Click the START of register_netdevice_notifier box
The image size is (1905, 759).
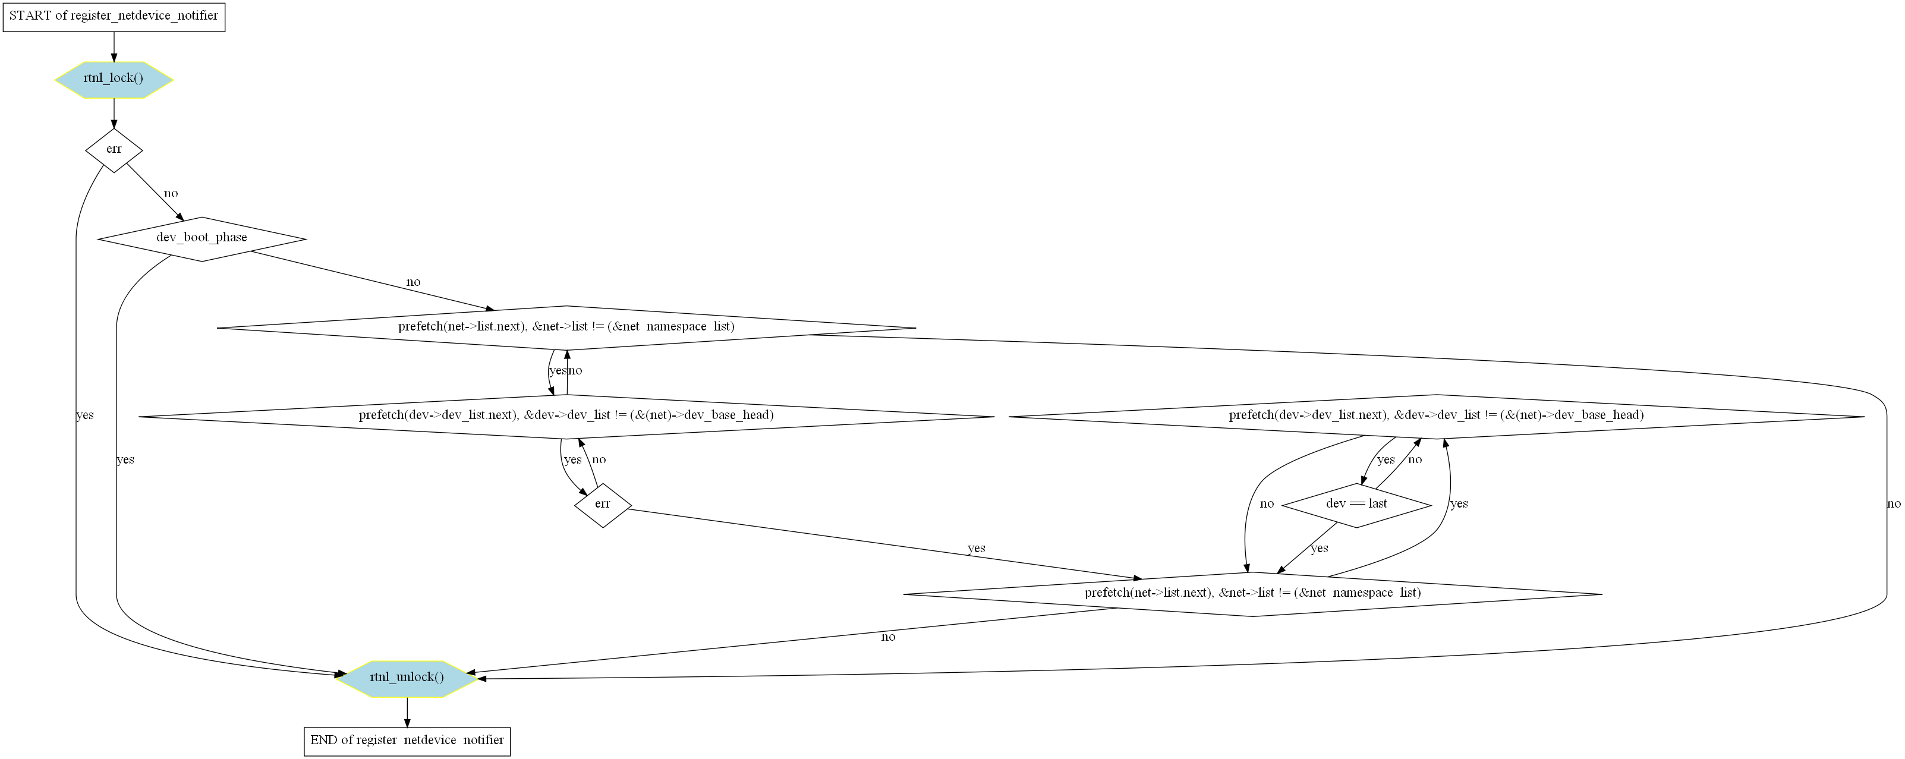114,16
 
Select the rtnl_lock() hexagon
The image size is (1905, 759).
114,80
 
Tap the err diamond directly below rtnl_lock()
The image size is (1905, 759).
114,150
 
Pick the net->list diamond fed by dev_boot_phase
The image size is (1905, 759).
566,327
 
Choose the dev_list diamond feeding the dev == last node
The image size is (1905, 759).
1436,417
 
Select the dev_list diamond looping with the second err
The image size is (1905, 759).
566,417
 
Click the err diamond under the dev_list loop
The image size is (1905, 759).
603,505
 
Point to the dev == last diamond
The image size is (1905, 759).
1356,505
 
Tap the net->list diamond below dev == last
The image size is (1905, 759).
1253,594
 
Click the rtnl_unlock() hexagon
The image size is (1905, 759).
407,679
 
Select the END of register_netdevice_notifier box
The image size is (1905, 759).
407,741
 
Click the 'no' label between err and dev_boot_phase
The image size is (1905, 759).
171,194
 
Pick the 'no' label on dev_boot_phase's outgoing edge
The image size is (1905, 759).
413,282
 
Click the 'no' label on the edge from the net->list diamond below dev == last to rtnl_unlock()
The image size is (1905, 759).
888,638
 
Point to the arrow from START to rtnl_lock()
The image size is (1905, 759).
114,46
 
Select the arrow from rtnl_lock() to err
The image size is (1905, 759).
114,113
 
